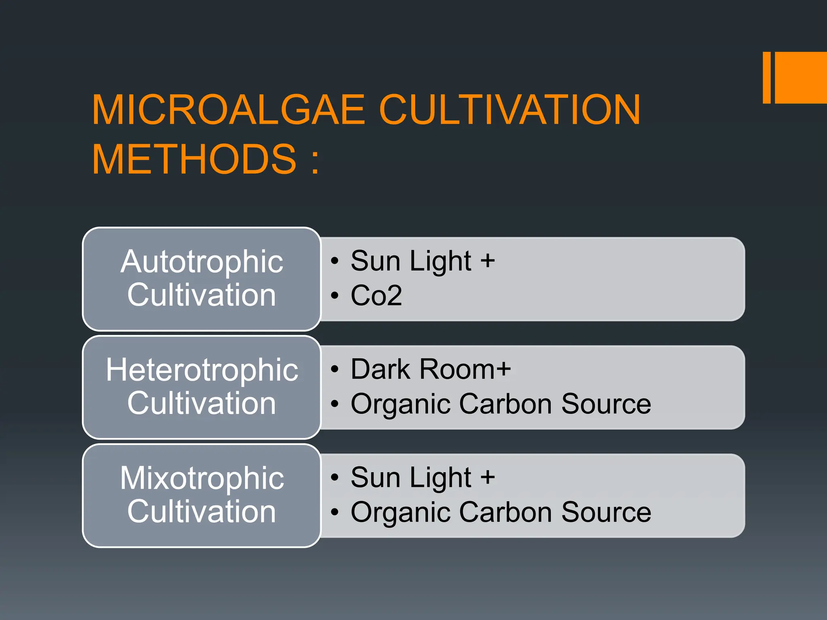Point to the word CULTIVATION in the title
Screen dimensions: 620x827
click(510, 110)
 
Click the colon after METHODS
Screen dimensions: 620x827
click(315, 161)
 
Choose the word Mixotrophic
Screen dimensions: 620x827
click(202, 478)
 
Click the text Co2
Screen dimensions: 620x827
click(376, 295)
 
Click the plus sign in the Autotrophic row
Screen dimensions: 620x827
click(487, 261)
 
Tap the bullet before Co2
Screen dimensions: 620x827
click(334, 295)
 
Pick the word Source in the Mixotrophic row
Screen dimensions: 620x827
click(606, 512)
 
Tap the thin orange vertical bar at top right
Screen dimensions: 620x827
click(766, 77)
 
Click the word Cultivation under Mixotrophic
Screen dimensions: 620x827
click(202, 511)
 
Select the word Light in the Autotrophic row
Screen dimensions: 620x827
click(441, 262)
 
